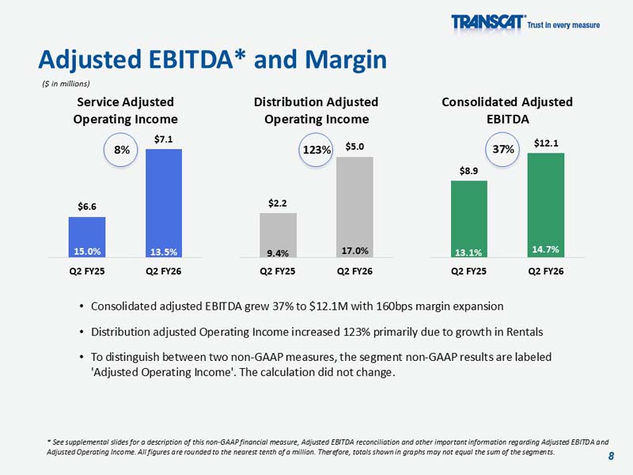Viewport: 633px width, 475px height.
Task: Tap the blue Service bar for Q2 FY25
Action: click(x=87, y=234)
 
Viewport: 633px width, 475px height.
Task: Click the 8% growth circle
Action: click(x=120, y=148)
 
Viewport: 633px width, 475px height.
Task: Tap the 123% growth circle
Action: click(x=317, y=148)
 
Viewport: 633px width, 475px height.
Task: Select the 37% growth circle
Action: click(x=503, y=148)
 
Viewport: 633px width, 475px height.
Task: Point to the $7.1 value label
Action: click(x=164, y=139)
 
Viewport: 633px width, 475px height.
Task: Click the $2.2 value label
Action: click(x=278, y=203)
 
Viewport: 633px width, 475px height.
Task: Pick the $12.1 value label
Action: click(x=546, y=143)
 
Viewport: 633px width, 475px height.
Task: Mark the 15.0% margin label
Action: click(x=87, y=252)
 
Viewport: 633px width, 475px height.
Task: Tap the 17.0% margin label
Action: click(x=354, y=250)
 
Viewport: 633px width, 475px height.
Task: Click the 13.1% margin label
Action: click(x=469, y=253)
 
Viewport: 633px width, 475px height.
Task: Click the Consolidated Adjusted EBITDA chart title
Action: click(x=506, y=111)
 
